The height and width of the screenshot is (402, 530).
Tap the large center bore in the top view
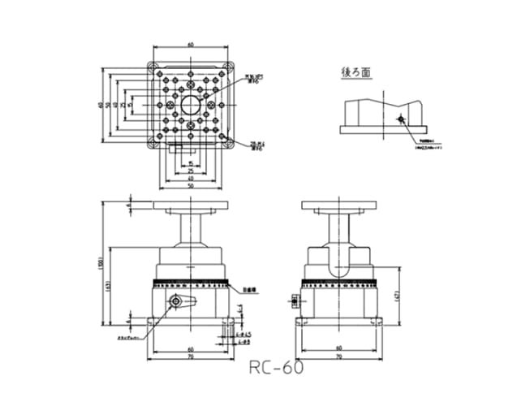(x=192, y=104)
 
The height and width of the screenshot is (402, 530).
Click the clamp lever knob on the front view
(x=175, y=301)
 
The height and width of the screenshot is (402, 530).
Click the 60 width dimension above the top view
(x=190, y=45)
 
